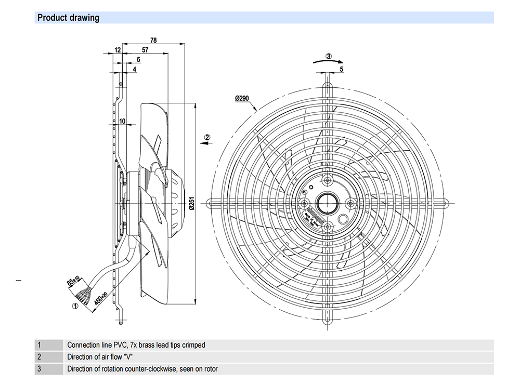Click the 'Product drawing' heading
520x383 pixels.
pyautogui.click(x=68, y=18)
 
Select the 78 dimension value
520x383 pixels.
pyautogui.click(x=153, y=40)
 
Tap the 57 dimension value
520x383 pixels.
pyautogui.click(x=145, y=50)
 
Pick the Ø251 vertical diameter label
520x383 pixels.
pyautogui.click(x=191, y=204)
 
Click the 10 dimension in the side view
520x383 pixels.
pyautogui.click(x=122, y=121)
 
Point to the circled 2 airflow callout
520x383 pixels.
pyautogui.click(x=207, y=137)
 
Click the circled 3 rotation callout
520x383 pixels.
pyautogui.click(x=328, y=56)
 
